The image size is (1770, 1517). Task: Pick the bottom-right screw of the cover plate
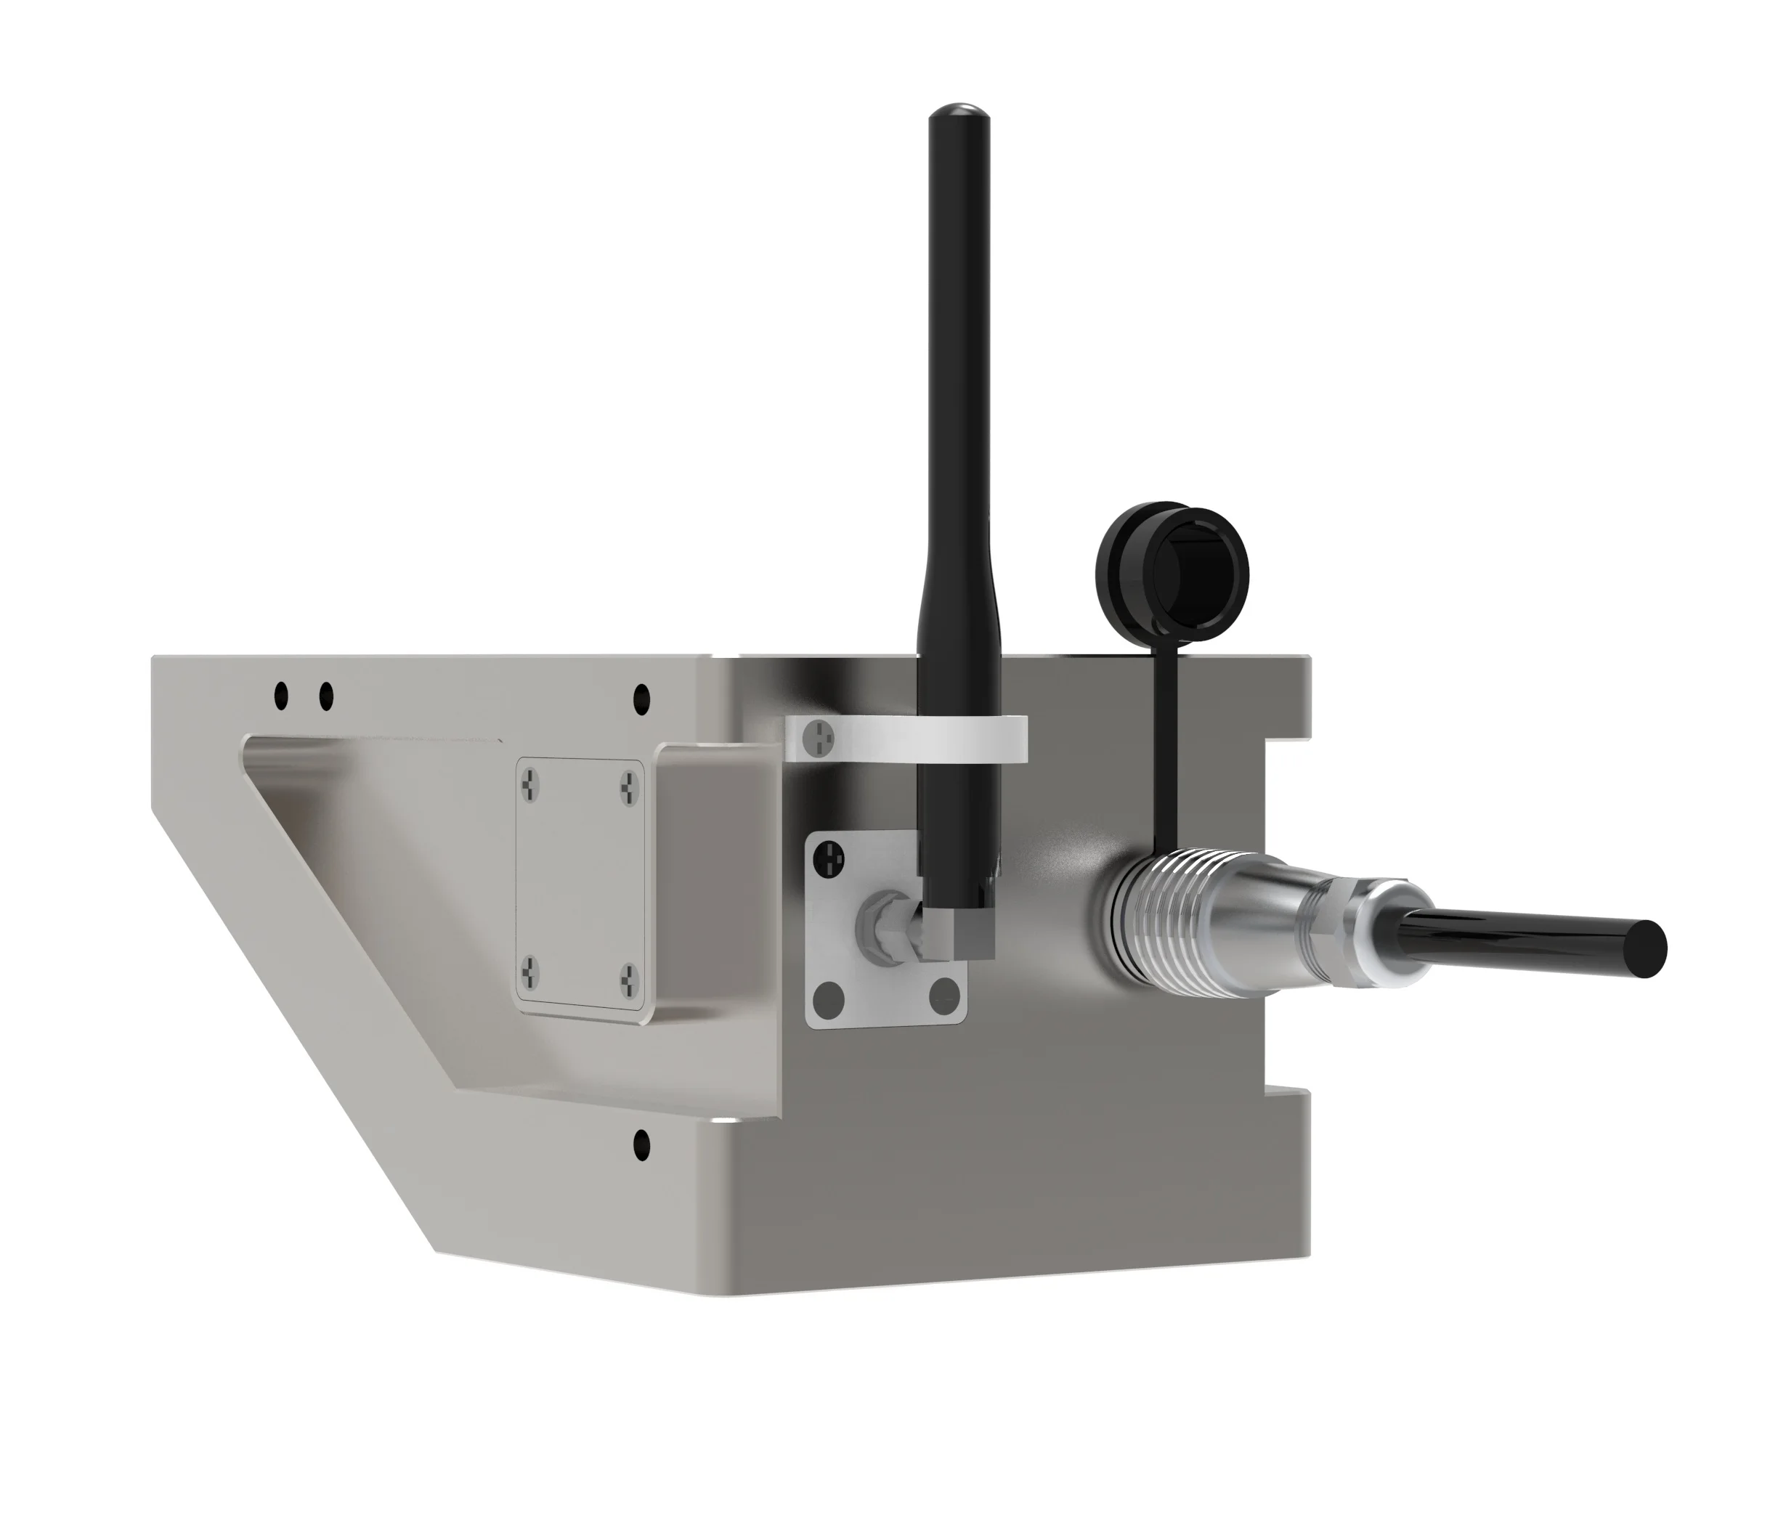630,977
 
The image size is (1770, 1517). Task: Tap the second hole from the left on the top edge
325,697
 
